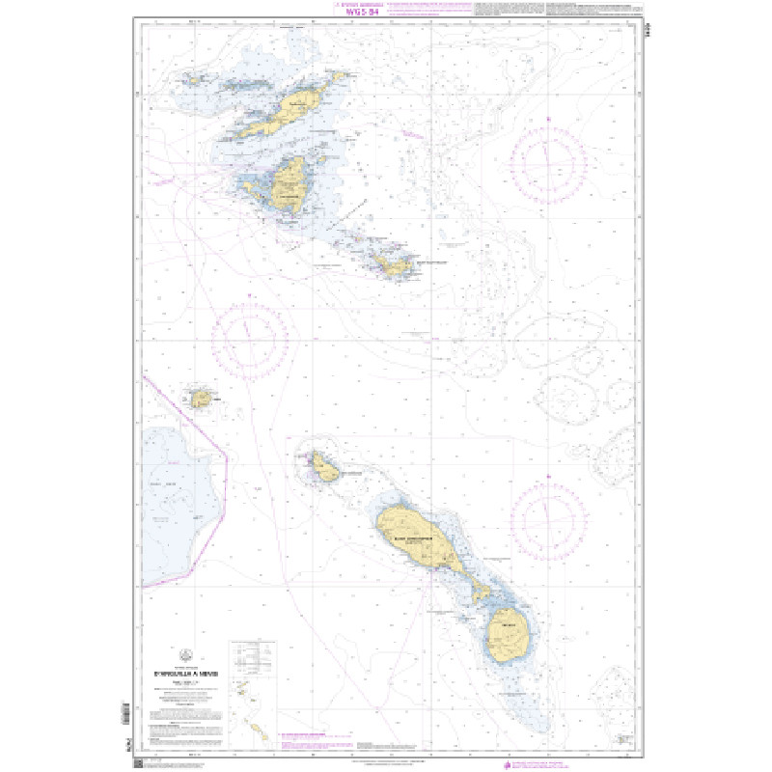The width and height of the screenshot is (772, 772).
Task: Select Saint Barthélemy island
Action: [x=396, y=264]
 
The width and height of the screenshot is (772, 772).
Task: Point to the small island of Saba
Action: [x=201, y=397]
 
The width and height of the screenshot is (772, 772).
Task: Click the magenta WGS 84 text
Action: [x=357, y=13]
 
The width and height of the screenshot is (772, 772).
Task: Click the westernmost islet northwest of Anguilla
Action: [x=190, y=80]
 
